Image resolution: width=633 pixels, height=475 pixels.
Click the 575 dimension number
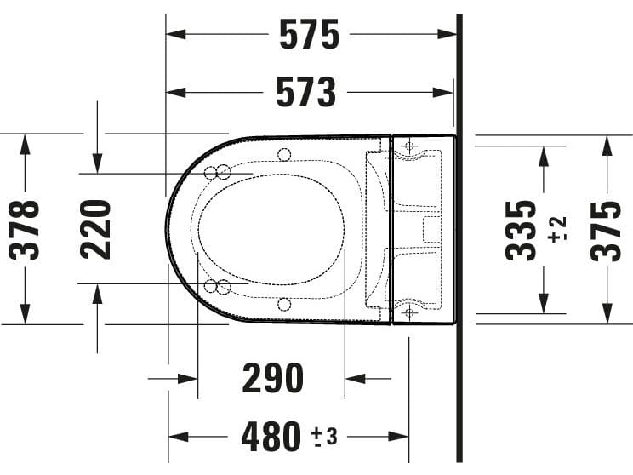(x=310, y=35)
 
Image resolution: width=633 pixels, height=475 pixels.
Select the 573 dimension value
(x=306, y=92)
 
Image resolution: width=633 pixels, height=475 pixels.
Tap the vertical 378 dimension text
(x=26, y=230)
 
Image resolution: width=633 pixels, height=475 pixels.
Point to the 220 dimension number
(x=96, y=230)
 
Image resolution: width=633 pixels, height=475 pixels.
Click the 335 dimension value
(x=522, y=230)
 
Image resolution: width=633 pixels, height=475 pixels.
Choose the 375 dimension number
(x=606, y=230)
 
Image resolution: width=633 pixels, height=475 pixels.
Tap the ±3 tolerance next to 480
(x=324, y=437)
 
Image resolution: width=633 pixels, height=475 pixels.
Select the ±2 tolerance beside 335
(x=557, y=230)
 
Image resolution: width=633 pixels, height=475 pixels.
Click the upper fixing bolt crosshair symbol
(x=408, y=147)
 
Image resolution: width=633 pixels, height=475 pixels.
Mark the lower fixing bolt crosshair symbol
(x=408, y=312)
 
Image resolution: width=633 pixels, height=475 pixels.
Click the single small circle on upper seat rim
(x=283, y=154)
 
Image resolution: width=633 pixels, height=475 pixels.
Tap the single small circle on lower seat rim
(x=283, y=304)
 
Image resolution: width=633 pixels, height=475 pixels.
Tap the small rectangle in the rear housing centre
(x=432, y=229)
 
